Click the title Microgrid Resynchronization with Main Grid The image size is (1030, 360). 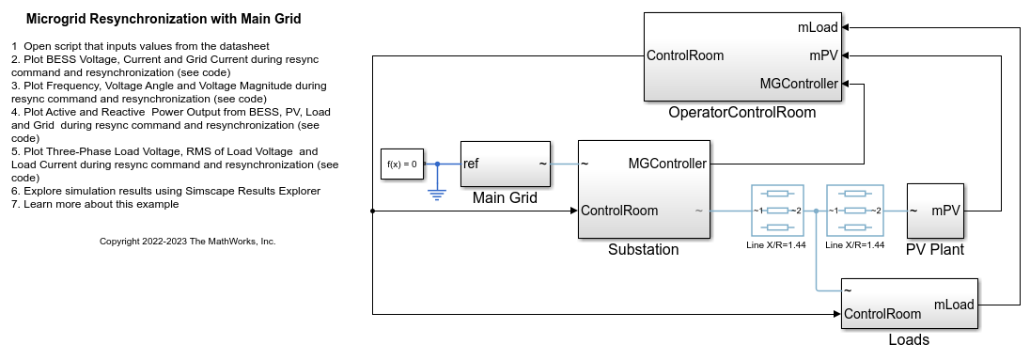[164, 19]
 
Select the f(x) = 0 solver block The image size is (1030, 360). [401, 164]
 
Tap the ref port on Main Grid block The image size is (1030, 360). [472, 164]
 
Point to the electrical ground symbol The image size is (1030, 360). [437, 194]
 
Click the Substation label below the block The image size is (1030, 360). [643, 250]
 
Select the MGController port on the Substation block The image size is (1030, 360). [666, 164]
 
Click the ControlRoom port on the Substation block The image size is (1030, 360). [619, 211]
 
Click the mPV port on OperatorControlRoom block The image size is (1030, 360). [823, 55]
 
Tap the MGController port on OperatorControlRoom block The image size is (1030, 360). [799, 84]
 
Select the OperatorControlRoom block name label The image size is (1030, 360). [742, 113]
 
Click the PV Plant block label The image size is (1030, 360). [935, 250]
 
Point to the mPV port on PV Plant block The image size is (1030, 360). [945, 211]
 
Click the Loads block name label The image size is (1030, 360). [909, 340]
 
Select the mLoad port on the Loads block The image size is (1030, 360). [953, 304]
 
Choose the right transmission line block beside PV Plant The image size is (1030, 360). [853, 211]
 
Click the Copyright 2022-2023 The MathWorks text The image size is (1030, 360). [188, 242]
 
